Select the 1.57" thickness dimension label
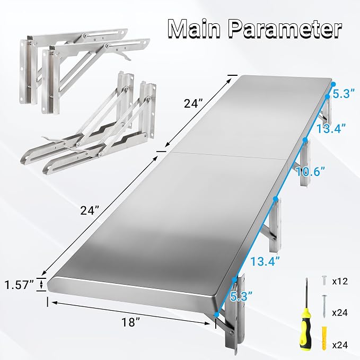(19, 285)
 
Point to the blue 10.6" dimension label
(310, 171)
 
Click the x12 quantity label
(340, 281)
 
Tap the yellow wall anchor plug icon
(324, 338)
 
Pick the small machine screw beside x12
(324, 280)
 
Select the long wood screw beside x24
(324, 306)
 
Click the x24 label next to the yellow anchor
(340, 345)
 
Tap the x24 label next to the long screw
(340, 313)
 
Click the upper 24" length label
(194, 103)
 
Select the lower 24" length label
(90, 210)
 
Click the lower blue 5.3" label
(241, 296)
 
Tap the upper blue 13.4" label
(331, 128)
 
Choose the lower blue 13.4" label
(265, 261)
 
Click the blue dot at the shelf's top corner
(333, 84)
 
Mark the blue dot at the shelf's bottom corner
(216, 315)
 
